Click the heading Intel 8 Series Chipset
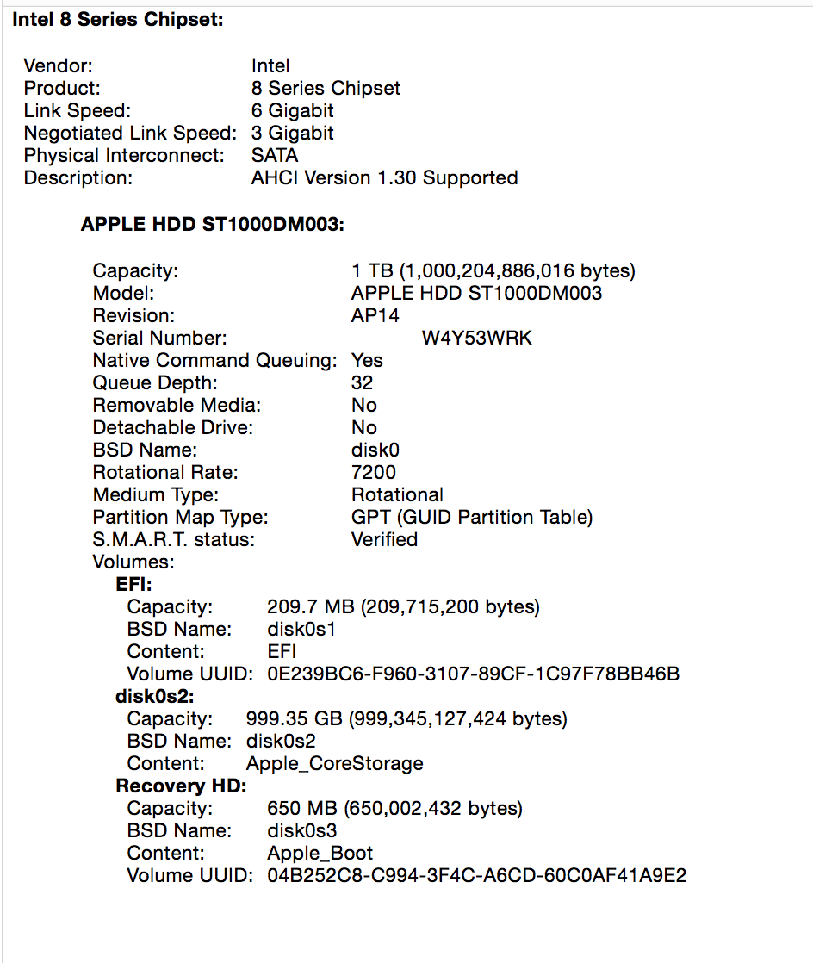[118, 19]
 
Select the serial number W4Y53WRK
[476, 339]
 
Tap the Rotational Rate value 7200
[374, 473]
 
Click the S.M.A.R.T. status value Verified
[384, 540]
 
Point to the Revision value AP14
[375, 316]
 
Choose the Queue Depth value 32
[362, 383]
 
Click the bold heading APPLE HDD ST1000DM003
[213, 225]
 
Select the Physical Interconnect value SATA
[275, 156]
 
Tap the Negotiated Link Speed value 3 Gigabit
[293, 134]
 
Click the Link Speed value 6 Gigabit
[293, 111]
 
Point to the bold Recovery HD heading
[182, 786]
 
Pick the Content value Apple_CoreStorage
[335, 764]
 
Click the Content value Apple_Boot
[320, 854]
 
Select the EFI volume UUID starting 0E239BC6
[474, 674]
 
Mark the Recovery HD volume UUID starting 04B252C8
[477, 876]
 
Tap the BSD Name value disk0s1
[301, 630]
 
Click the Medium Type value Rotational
[397, 495]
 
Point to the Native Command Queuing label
[214, 361]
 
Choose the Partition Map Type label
[181, 518]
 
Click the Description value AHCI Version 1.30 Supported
[384, 178]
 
